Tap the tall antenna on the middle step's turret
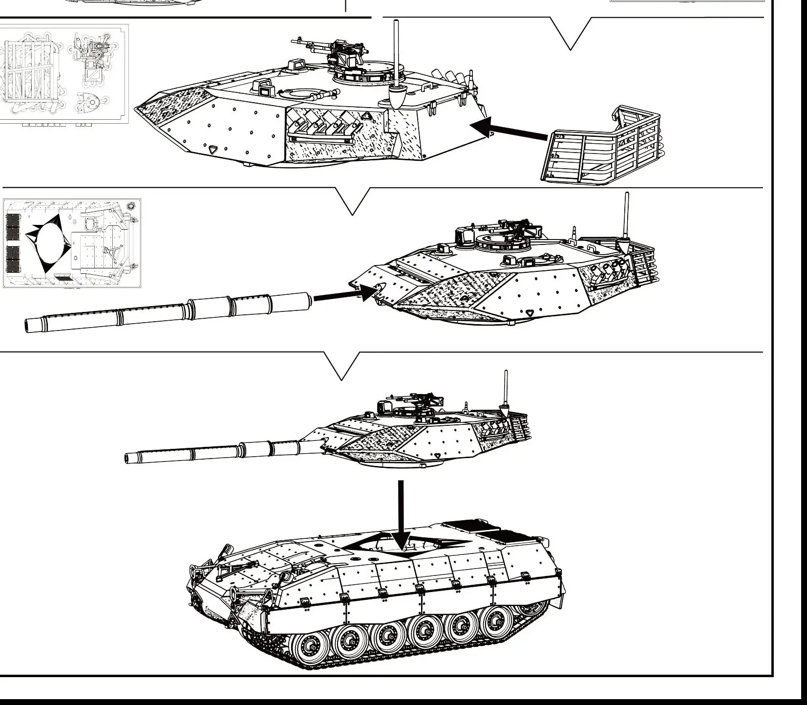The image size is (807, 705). tap(627, 215)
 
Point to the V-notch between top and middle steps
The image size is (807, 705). tap(352, 205)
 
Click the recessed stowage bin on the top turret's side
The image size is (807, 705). tap(322, 128)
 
